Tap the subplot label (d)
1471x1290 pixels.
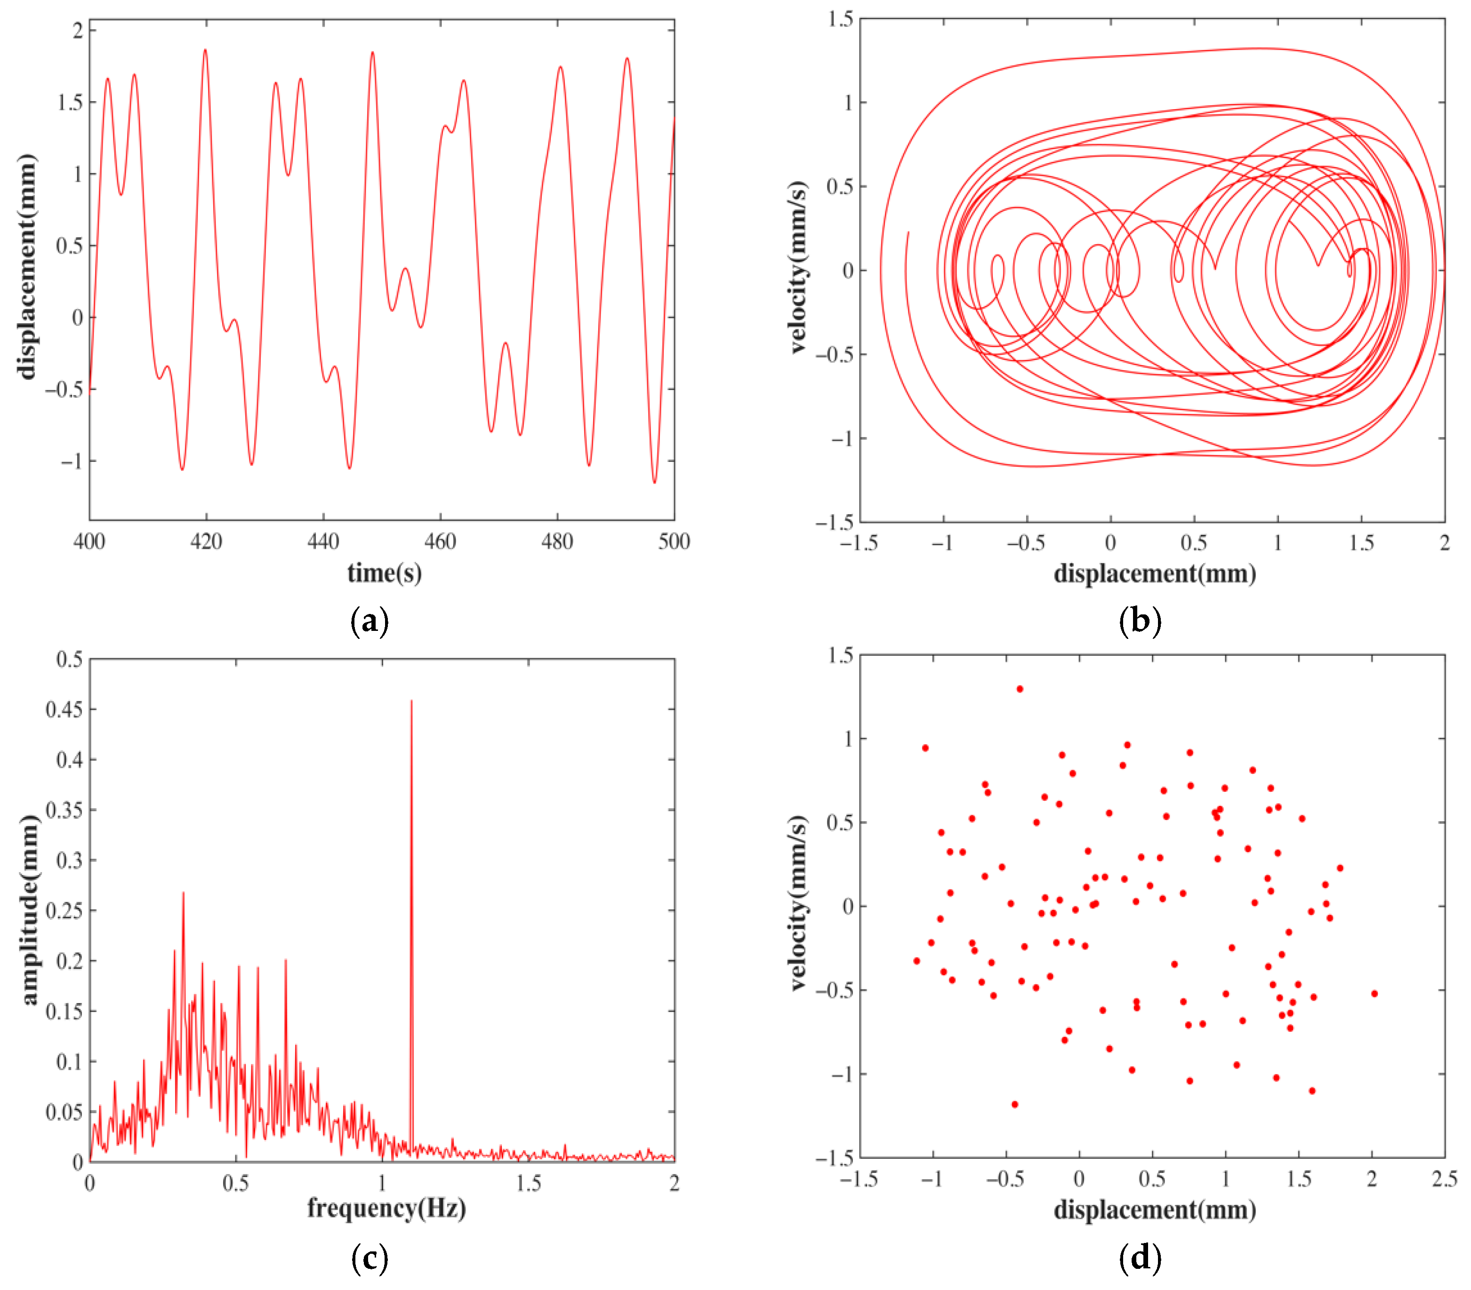1140,1257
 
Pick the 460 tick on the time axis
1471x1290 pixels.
440,542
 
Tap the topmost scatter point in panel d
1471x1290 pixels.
1020,689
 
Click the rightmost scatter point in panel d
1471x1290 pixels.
1375,994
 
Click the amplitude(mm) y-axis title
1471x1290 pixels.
29,910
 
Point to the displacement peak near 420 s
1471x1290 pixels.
205,50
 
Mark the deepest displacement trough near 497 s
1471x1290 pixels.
654,482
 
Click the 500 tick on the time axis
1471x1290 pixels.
674,542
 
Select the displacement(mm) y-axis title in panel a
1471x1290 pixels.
27,266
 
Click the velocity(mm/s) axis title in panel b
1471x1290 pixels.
797,268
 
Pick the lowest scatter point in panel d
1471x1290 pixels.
1015,1104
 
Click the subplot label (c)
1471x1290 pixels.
369,1257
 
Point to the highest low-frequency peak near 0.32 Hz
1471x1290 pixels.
183,893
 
